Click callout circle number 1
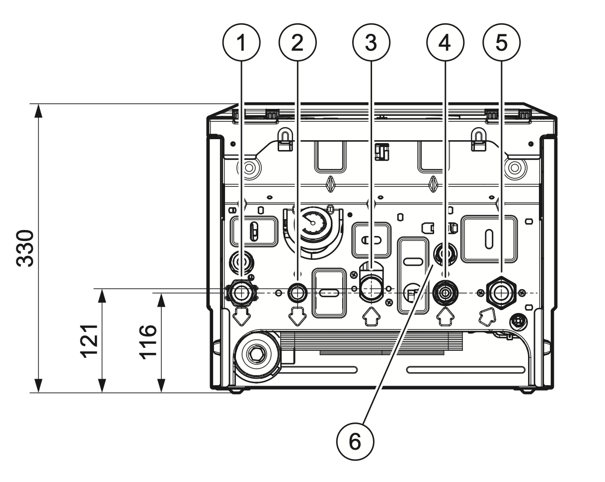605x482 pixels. (242, 43)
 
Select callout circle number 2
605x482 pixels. (297, 43)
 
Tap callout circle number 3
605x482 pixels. (371, 43)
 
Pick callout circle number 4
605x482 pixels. (445, 43)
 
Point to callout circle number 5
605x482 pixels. (502, 43)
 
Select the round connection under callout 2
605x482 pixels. (298, 293)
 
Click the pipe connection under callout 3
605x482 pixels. (370, 291)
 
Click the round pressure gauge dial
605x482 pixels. (312, 224)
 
